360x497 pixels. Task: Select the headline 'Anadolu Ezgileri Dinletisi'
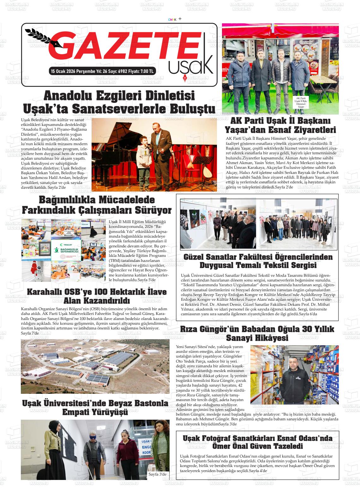(x=119, y=95)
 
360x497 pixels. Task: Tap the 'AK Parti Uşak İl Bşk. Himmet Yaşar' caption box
(x=301, y=102)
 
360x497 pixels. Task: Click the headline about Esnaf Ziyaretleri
(x=280, y=125)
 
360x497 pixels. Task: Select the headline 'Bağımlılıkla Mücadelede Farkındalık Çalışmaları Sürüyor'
(x=97, y=205)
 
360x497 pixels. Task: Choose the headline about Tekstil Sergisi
(x=258, y=261)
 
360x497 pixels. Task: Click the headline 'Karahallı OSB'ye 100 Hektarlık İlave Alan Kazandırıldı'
(x=97, y=296)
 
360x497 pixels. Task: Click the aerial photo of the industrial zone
(x=95, y=366)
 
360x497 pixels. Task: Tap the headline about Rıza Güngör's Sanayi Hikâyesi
(x=257, y=333)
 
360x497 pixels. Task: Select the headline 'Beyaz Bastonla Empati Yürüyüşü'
(x=95, y=407)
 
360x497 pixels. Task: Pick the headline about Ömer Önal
(x=257, y=442)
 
